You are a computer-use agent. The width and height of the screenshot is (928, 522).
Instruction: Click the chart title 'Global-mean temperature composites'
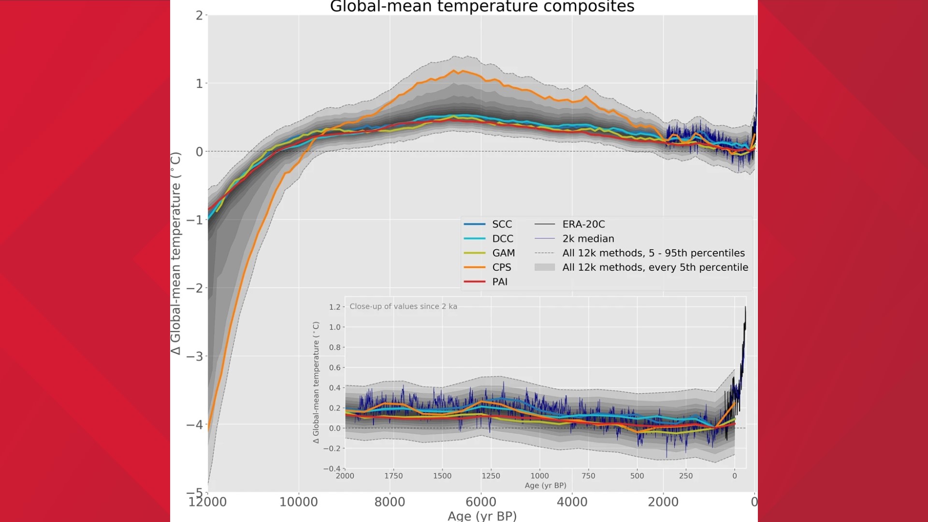tap(482, 7)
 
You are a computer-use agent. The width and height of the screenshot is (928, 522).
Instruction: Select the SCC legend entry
tap(502, 224)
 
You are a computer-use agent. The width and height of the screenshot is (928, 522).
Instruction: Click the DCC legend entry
tap(502, 239)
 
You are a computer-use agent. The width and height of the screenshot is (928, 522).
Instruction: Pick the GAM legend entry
tap(503, 253)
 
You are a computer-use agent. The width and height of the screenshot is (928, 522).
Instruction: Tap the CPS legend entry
tap(501, 267)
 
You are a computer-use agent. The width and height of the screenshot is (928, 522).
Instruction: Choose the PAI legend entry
tap(500, 282)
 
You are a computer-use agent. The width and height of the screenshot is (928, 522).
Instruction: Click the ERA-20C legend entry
tap(583, 224)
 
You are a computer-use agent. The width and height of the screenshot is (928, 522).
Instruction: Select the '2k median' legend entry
tap(588, 239)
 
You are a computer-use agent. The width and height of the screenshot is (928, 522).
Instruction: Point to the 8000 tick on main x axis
tap(390, 502)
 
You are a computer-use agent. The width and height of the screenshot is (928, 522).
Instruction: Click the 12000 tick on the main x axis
tap(207, 502)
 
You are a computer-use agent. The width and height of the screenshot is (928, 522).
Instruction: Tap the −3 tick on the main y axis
tap(195, 357)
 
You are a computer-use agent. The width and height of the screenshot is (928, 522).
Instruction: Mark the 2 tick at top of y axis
tap(199, 15)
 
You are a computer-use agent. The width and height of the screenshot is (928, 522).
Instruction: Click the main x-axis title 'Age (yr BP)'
tap(482, 516)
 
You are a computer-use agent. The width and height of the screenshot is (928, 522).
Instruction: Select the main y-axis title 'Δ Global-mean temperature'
tap(176, 253)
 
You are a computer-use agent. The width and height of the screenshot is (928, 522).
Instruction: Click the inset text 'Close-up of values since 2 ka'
tap(403, 306)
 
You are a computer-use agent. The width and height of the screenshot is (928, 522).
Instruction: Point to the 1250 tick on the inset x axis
tap(491, 476)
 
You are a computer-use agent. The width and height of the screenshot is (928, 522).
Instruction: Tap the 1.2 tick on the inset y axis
tap(334, 307)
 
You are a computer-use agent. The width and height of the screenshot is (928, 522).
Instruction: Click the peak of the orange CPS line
tap(454, 71)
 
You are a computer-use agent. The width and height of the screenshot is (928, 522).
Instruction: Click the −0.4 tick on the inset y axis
tap(332, 468)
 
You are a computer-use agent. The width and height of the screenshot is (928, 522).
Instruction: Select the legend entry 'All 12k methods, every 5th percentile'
tap(655, 267)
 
